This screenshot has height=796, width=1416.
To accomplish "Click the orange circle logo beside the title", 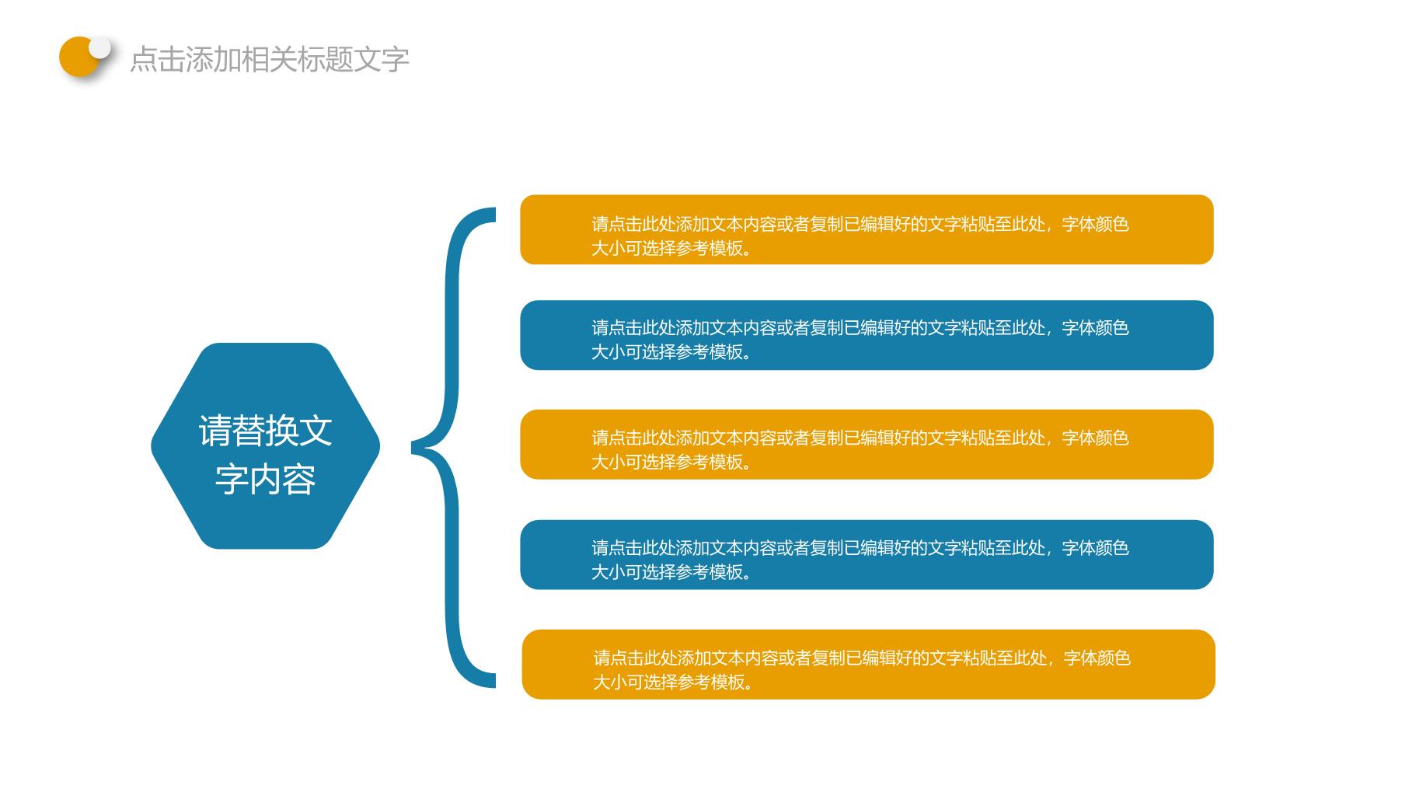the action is click(x=78, y=57).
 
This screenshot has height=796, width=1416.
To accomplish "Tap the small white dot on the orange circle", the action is click(x=99, y=47).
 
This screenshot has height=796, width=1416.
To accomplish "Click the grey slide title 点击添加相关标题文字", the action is click(x=270, y=59).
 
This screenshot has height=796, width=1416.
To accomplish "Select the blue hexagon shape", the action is click(x=265, y=446).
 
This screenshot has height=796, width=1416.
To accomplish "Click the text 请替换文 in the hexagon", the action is click(x=265, y=430).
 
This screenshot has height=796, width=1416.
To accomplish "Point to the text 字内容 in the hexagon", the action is click(x=265, y=479).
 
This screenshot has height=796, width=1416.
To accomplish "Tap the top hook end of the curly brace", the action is click(x=493, y=215).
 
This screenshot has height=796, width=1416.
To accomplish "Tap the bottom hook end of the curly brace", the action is click(x=493, y=680).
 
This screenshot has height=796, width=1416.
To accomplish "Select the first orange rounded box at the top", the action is click(x=867, y=229).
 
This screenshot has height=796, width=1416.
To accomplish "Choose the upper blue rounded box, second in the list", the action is click(x=867, y=335).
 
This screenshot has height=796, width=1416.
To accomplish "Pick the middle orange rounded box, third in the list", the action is click(x=867, y=445).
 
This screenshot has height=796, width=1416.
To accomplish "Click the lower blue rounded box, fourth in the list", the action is click(x=867, y=555).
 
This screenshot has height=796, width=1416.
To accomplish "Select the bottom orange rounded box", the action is click(x=868, y=665).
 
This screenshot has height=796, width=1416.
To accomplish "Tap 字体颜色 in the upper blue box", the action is click(x=1095, y=328).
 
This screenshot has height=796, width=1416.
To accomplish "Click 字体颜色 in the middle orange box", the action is click(x=1095, y=438).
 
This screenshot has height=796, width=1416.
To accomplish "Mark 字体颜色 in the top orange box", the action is click(x=1095, y=225).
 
